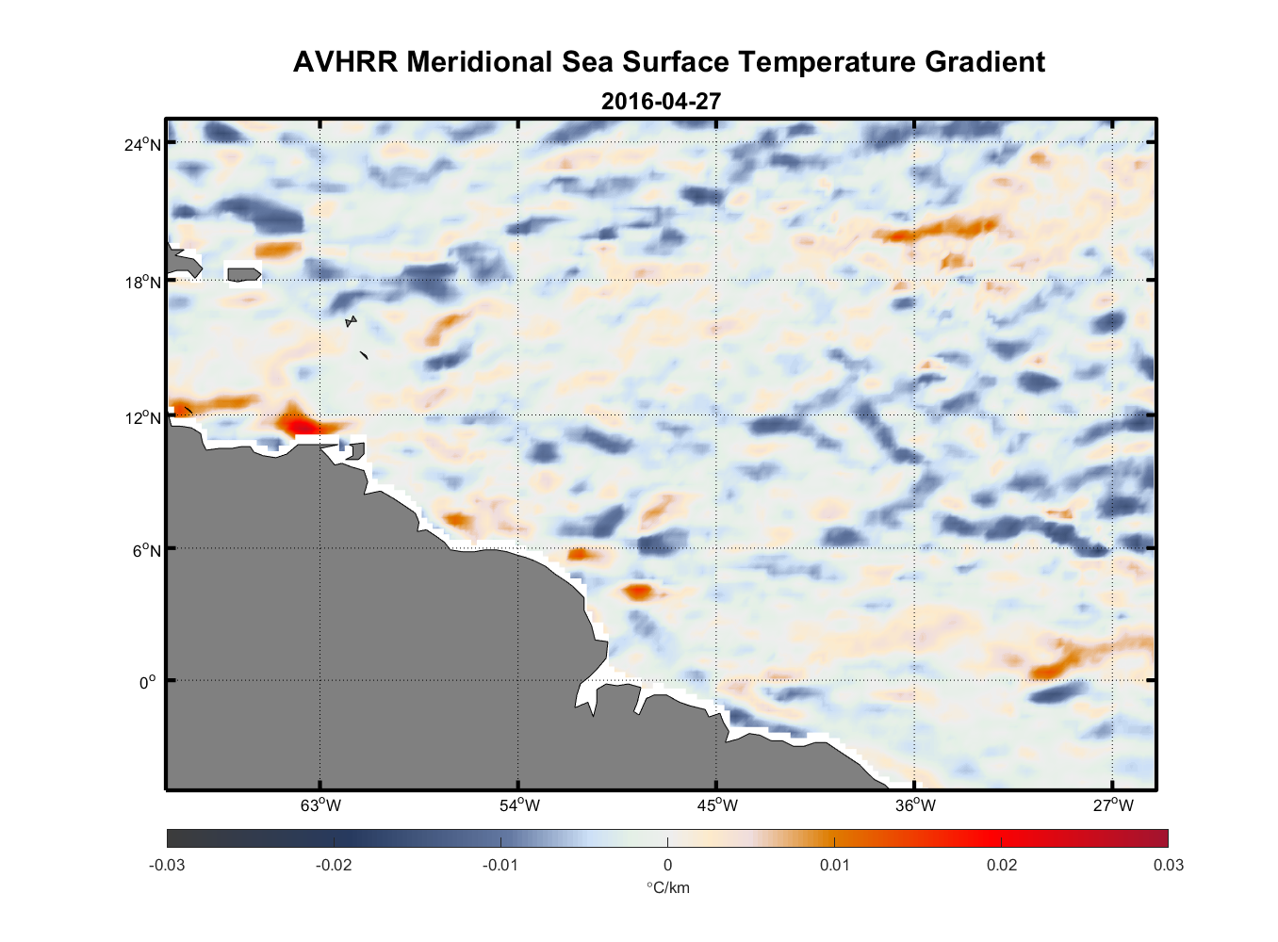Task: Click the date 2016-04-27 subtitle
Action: point(661,101)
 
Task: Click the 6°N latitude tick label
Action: point(147,550)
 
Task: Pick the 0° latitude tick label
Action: point(149,682)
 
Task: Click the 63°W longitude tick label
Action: point(320,805)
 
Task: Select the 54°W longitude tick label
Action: point(519,805)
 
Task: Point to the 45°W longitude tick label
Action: point(717,805)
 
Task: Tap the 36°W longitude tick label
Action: point(915,805)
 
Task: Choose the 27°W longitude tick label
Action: point(1113,805)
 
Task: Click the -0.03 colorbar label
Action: point(167,865)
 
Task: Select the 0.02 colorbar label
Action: point(1001,865)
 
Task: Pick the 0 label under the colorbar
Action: point(667,865)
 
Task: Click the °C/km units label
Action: point(667,887)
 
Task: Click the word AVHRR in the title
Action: point(345,62)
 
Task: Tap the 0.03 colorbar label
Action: point(1168,865)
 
